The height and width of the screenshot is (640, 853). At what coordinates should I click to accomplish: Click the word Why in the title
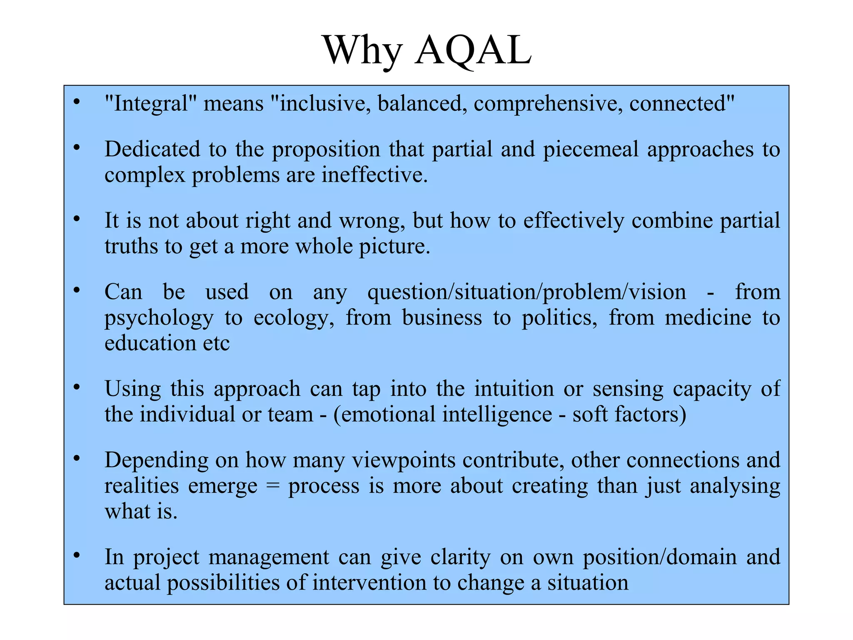[362, 51]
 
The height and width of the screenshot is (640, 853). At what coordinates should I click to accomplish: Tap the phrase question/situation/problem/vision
[526, 292]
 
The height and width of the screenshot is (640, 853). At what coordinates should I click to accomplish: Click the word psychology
[159, 318]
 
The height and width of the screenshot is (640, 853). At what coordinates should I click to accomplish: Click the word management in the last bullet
[269, 557]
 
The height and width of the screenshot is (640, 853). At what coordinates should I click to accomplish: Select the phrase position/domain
[659, 557]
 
